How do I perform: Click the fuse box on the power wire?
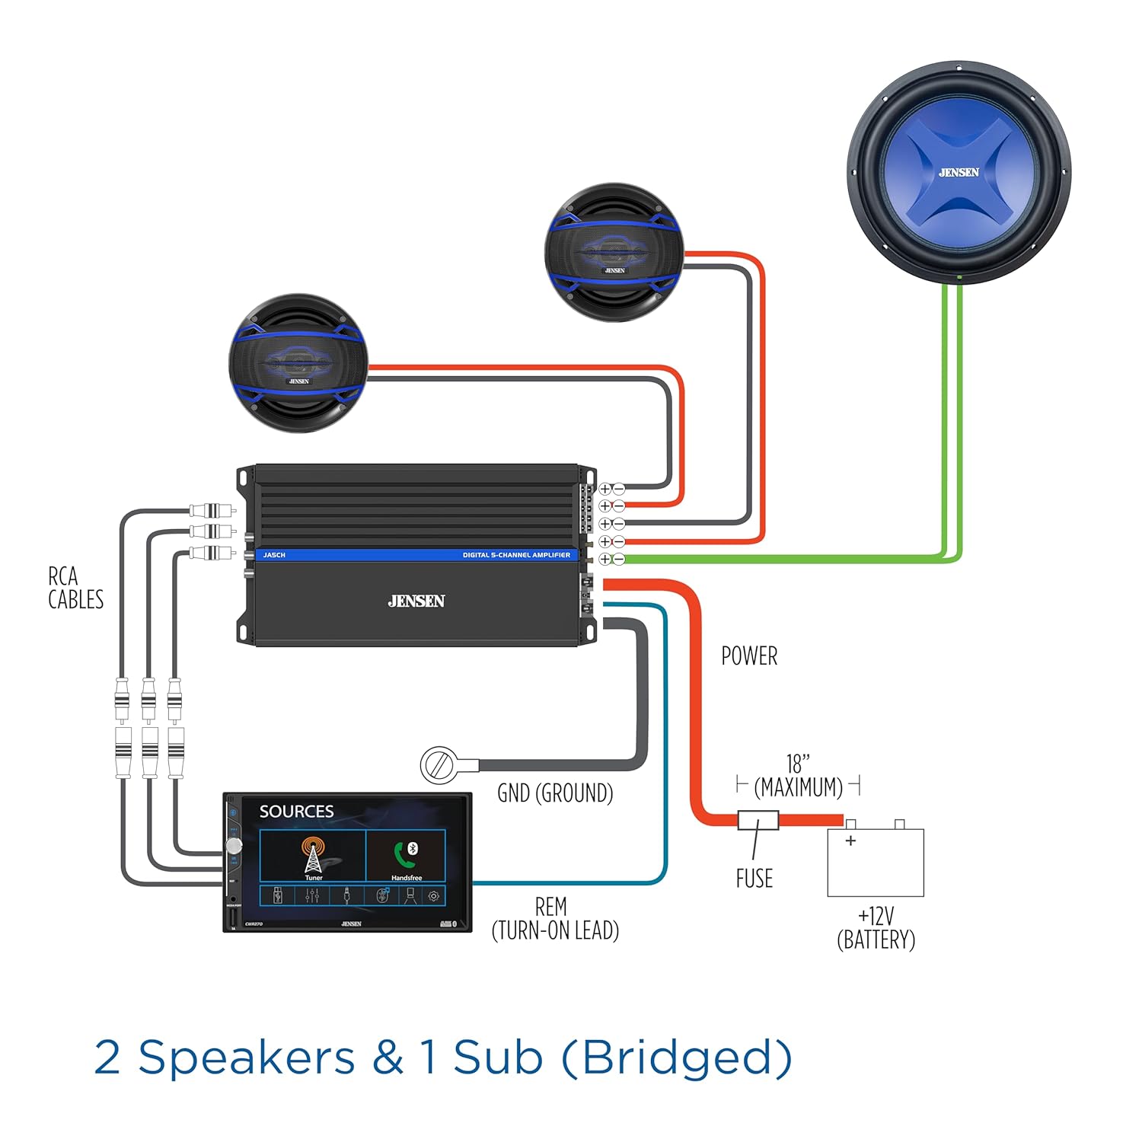[758, 820]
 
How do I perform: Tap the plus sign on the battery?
[850, 841]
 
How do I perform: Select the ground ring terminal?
[439, 764]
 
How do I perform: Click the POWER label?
[749, 656]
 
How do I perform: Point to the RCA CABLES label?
[75, 588]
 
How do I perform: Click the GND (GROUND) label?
[555, 793]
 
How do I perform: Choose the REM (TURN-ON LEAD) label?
[555, 918]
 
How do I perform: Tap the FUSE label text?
[754, 879]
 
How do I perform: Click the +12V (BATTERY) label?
[876, 927]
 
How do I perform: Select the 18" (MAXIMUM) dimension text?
[798, 776]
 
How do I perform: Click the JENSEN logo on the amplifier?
[416, 601]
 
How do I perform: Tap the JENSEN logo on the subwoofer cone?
[959, 173]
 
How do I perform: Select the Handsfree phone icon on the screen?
[407, 855]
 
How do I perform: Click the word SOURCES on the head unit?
[296, 812]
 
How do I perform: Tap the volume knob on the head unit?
[234, 846]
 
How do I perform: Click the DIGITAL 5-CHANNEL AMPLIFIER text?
[516, 555]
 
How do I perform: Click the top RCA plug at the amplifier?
[213, 510]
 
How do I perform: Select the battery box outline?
[876, 863]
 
